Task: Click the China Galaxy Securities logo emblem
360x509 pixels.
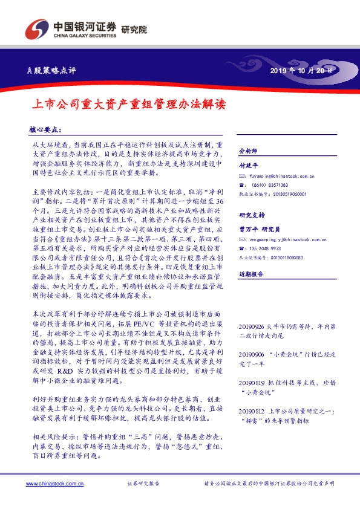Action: tap(35, 30)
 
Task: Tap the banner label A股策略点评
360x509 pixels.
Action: tap(53, 71)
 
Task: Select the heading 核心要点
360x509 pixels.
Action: tap(45, 129)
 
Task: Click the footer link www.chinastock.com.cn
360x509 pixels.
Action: tap(55, 484)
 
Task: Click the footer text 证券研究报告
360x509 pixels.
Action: tap(143, 484)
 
